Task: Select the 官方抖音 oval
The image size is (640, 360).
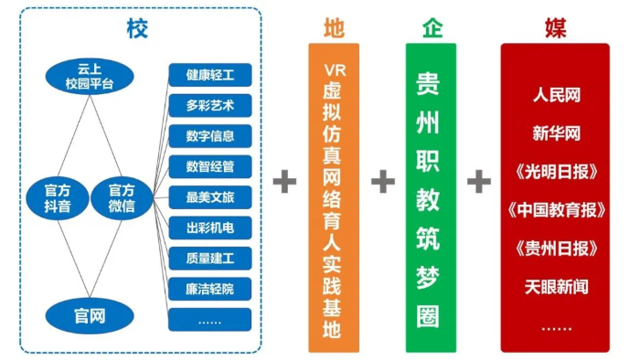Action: click(55, 197)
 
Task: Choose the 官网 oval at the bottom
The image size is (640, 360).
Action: click(90, 317)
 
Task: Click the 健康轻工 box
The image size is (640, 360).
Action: click(209, 75)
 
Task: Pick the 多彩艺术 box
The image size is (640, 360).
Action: click(209, 105)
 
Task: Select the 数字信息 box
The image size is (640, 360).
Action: click(209, 136)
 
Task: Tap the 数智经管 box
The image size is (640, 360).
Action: click(209, 166)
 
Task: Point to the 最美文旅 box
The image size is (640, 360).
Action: click(209, 197)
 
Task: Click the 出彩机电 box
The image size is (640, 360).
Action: click(209, 228)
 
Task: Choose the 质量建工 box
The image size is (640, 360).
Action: click(209, 259)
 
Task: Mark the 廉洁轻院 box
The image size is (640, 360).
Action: click(209, 289)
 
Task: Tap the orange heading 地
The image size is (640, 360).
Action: click(334, 27)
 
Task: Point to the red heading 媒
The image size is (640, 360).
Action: click(555, 27)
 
